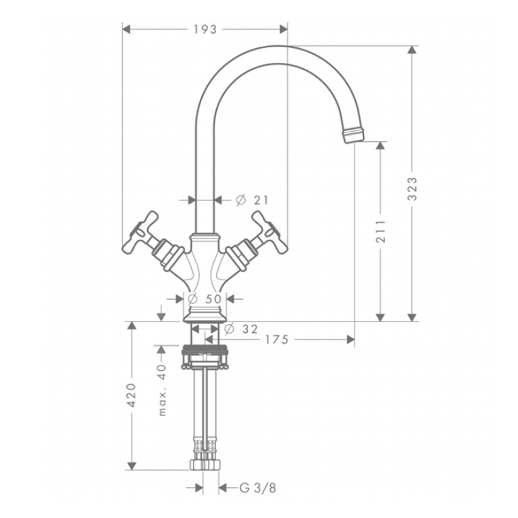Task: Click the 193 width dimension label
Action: click(205, 30)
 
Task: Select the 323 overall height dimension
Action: click(412, 189)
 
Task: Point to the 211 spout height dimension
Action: click(381, 231)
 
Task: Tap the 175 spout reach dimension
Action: click(277, 340)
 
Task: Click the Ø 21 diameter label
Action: click(252, 200)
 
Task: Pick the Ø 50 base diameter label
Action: click(205, 299)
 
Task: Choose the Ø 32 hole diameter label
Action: click(241, 329)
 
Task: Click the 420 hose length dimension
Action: click(132, 395)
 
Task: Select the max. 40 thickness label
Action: click(162, 390)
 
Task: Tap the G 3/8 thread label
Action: click(258, 488)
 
